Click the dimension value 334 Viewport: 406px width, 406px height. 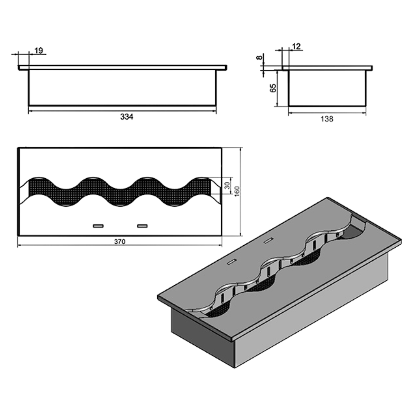click(127, 117)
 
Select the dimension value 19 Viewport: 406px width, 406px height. click(39, 50)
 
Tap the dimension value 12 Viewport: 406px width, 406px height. click(296, 46)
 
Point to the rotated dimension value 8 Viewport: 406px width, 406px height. click(259, 57)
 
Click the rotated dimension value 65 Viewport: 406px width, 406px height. click(273, 88)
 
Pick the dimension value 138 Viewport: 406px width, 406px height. click(327, 119)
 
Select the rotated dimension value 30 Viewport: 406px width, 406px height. click(227, 185)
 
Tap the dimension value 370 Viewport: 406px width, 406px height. click(120, 242)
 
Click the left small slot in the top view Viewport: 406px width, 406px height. click(98, 226)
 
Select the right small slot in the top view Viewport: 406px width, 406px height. click(142, 226)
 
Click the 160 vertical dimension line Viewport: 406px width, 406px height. click(241, 192)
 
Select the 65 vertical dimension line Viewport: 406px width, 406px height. click(278, 88)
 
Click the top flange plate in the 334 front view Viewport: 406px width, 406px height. click(122, 67)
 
